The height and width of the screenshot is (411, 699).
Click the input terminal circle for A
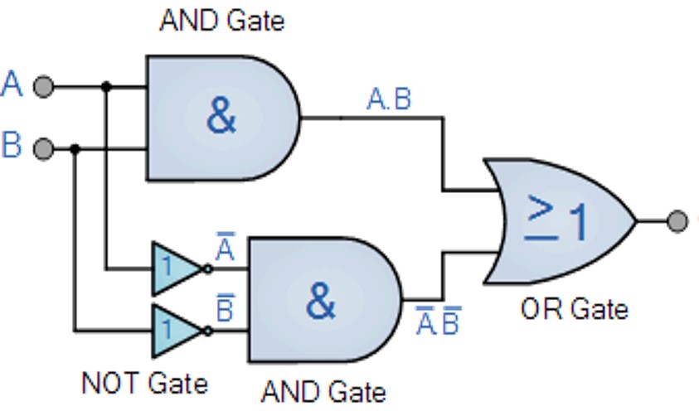44,86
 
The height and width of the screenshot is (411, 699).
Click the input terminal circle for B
44,149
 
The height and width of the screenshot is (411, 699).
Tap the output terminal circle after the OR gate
677,221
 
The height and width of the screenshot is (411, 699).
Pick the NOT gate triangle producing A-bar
175,268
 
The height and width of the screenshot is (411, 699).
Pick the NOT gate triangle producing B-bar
175,330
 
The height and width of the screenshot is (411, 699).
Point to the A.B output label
389,100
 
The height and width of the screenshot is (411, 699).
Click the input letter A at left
12,85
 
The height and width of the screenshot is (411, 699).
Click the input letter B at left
12,146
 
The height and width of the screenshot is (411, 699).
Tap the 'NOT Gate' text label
144,384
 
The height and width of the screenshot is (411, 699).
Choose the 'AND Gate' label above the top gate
221,20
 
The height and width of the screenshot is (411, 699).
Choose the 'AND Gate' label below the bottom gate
323,390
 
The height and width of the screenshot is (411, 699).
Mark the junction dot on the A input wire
106,86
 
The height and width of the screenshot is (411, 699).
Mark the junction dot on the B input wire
75,149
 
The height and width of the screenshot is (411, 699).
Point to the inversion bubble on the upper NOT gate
207,268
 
